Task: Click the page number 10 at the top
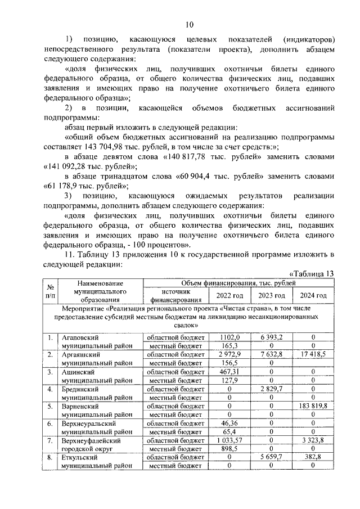click(189, 24)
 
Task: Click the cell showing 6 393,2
click(271, 337)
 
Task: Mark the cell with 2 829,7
click(271, 389)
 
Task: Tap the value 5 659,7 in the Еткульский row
click(271, 458)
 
